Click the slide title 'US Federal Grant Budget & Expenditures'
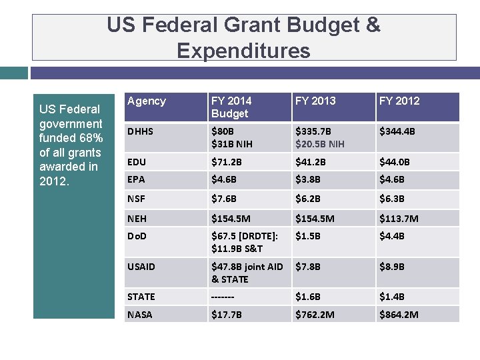(244, 37)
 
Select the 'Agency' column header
(146, 101)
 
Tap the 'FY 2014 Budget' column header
(231, 107)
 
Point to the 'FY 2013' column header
(315, 101)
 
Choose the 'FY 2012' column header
(399, 101)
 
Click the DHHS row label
(140, 131)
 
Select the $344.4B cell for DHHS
(397, 131)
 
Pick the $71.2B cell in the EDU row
(227, 162)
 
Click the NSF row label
(137, 199)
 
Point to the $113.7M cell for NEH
(399, 219)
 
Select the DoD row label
(138, 236)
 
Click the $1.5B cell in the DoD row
(308, 236)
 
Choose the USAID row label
(141, 267)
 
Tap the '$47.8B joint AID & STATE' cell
(247, 273)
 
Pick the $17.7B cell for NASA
(227, 315)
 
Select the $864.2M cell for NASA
(399, 315)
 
